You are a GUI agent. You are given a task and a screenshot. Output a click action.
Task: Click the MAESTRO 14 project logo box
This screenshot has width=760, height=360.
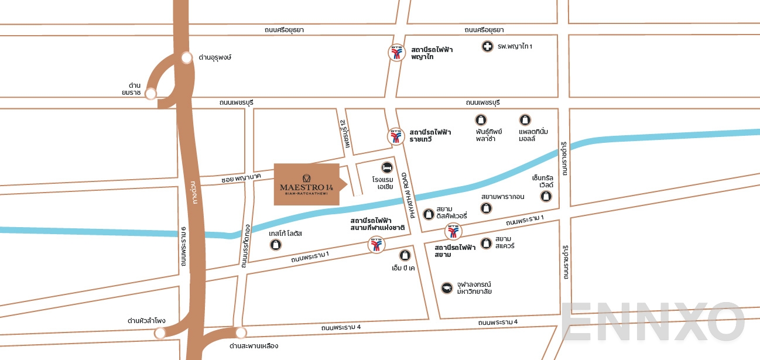[x=307, y=184]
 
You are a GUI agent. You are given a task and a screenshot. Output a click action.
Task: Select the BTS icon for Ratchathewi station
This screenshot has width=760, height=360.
[x=396, y=136]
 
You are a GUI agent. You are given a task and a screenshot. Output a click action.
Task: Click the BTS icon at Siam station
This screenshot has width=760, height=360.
[x=453, y=232]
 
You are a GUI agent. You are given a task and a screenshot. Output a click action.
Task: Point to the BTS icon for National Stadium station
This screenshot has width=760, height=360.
[x=376, y=245]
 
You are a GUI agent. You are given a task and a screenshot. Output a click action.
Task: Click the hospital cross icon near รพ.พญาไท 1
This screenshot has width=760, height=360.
[x=487, y=46]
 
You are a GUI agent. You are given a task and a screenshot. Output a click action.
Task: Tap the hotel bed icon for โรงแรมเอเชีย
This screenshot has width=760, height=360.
[x=386, y=167]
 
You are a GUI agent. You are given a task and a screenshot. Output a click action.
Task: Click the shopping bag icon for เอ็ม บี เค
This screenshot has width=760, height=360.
[x=405, y=255]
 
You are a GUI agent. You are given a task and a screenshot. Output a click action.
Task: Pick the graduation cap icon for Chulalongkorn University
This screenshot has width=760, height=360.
[x=447, y=287]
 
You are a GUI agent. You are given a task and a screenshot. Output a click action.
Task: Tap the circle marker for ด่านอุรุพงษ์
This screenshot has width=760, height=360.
[x=187, y=57]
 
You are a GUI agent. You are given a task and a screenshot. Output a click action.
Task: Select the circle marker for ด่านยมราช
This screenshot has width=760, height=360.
[x=151, y=94]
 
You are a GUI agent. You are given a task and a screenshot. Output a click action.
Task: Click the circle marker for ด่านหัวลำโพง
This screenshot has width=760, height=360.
[x=159, y=333]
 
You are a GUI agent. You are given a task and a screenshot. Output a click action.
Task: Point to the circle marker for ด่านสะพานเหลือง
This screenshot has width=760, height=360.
[x=241, y=333]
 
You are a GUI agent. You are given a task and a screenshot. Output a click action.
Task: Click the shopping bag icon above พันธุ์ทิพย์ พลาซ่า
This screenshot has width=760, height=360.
[x=481, y=120]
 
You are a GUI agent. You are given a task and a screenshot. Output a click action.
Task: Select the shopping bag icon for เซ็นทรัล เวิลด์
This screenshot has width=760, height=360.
[x=546, y=196]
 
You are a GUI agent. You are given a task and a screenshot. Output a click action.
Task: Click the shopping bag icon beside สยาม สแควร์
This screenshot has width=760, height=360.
[x=486, y=243]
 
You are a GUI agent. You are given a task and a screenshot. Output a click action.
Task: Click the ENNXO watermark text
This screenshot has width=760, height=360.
[x=653, y=323]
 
